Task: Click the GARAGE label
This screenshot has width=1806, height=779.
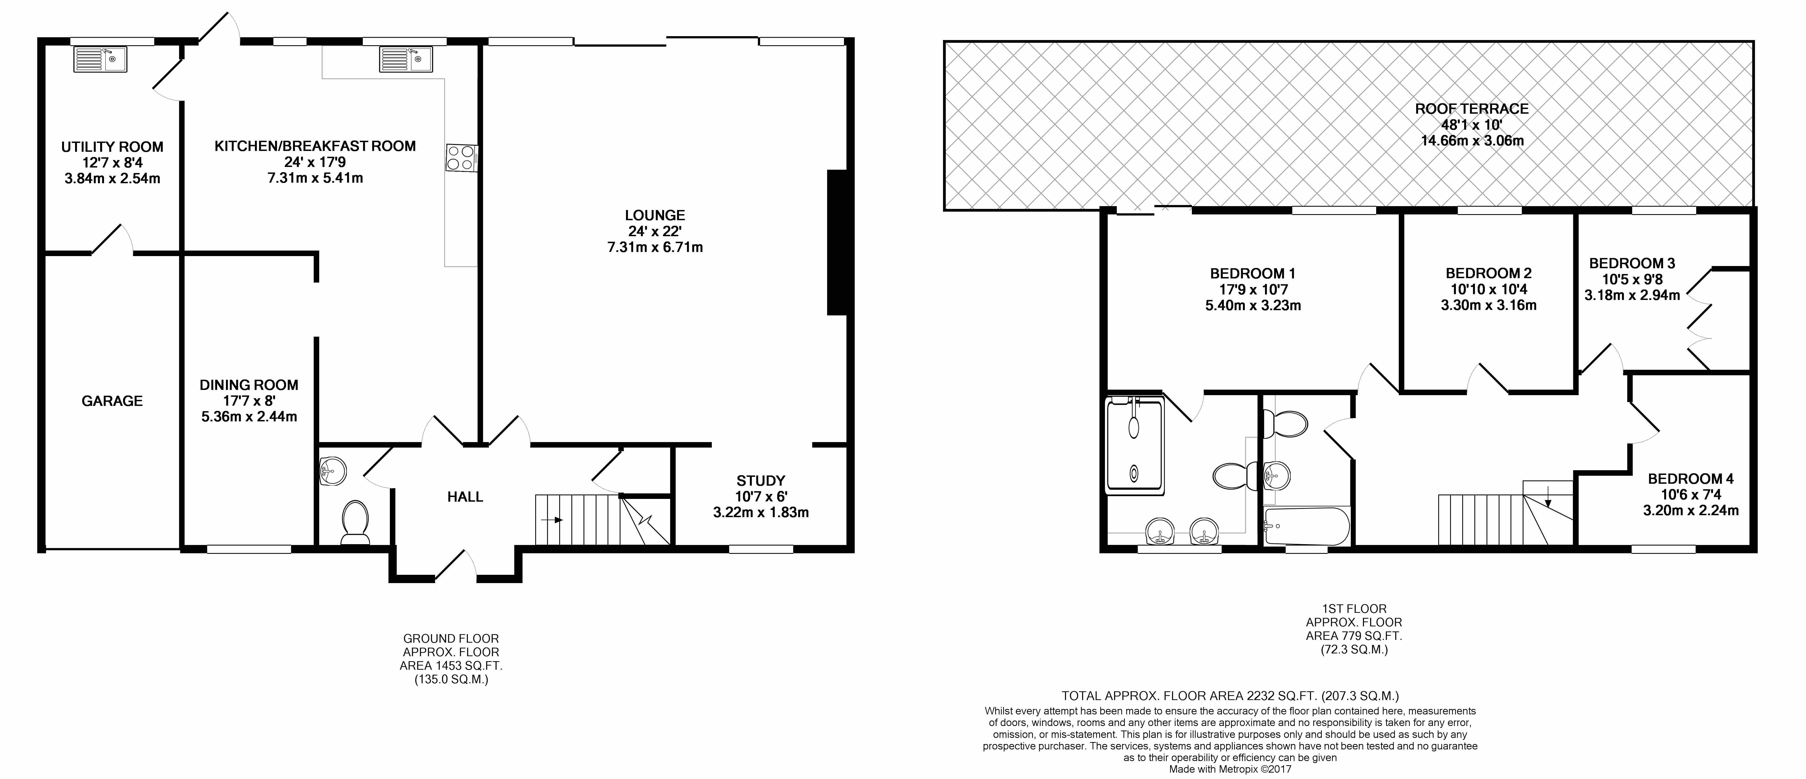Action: (112, 401)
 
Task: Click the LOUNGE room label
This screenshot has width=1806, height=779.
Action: (655, 215)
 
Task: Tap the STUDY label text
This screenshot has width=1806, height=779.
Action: (761, 481)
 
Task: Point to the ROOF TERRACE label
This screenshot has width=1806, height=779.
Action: (1472, 109)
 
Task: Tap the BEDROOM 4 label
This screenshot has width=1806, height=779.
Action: (1690, 479)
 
